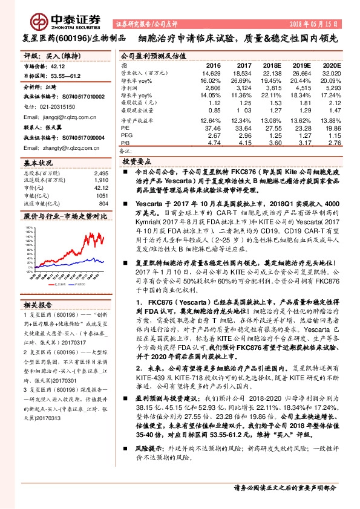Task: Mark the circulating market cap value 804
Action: (x=103, y=203)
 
